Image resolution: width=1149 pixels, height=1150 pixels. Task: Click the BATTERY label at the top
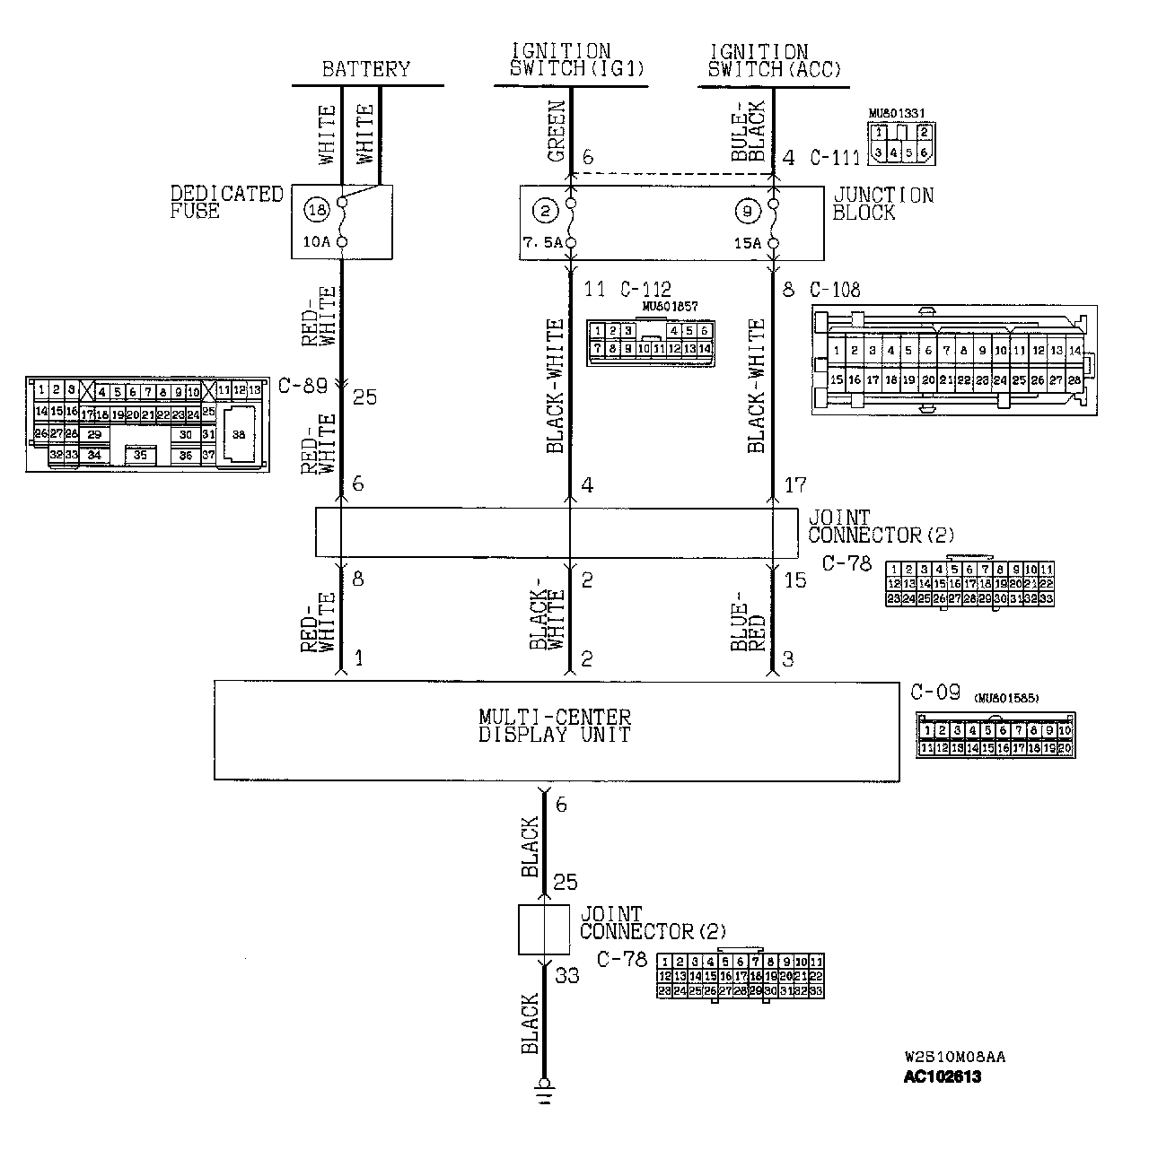(x=365, y=69)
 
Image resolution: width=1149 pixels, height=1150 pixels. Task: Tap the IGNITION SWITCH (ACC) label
(x=773, y=60)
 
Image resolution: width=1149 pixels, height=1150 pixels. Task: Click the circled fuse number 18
(x=316, y=211)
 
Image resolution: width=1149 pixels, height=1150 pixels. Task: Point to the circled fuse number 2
(x=545, y=212)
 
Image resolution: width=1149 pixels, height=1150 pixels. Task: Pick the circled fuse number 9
(x=747, y=212)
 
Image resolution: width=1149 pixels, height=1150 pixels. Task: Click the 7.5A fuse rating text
(x=541, y=243)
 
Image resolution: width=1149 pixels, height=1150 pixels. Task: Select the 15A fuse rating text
(x=748, y=243)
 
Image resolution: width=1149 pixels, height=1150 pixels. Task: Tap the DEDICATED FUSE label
(x=226, y=202)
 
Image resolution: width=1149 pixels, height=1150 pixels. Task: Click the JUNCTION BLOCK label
(x=882, y=204)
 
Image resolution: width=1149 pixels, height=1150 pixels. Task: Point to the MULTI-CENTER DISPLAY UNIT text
(x=554, y=726)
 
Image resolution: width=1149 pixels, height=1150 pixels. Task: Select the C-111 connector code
(x=834, y=158)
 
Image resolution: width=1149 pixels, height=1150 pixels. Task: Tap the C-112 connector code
(x=645, y=290)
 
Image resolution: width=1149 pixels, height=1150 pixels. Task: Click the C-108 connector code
(x=834, y=290)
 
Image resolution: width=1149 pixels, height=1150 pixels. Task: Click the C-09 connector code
(x=934, y=693)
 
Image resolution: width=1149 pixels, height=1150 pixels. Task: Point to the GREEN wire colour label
(x=557, y=132)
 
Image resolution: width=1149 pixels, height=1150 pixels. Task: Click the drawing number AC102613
(x=943, y=1077)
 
